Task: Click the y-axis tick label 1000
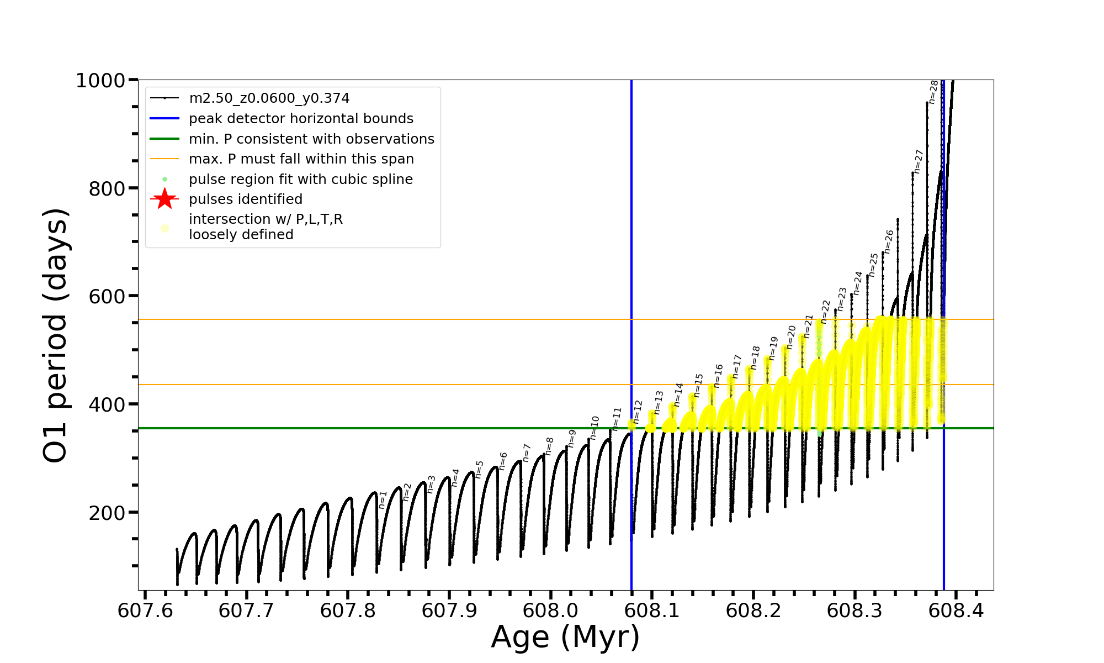click(x=100, y=81)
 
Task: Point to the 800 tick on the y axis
click(x=107, y=188)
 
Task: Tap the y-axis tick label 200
click(x=107, y=513)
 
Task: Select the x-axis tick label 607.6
click(x=145, y=611)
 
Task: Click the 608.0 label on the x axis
click(x=550, y=611)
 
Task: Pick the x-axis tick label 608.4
click(x=956, y=611)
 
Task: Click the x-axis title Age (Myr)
click(x=565, y=637)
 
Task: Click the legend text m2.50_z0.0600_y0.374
click(x=269, y=98)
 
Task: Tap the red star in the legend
click(x=164, y=199)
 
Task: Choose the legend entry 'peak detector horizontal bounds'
click(x=301, y=119)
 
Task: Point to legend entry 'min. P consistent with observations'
click(x=311, y=139)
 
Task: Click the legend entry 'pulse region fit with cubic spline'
click(x=300, y=179)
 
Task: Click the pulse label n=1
click(x=383, y=499)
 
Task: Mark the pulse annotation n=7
click(x=526, y=452)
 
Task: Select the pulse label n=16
click(x=718, y=376)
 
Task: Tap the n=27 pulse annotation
click(x=918, y=161)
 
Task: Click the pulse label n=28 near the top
click(x=933, y=92)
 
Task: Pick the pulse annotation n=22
click(x=825, y=312)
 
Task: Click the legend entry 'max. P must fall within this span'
click(x=301, y=159)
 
